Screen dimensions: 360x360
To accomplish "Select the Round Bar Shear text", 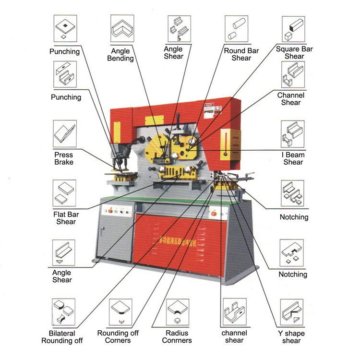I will point(241,54).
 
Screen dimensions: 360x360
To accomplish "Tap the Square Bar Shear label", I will point(294,52).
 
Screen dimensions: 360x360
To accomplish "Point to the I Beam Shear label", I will point(293,158).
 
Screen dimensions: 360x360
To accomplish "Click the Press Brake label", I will point(64,158).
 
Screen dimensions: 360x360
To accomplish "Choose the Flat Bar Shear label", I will point(66,218).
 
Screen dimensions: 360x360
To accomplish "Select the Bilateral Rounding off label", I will point(62,337).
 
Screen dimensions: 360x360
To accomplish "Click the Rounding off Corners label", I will point(118,336).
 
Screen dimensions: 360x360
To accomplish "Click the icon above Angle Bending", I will point(122,28).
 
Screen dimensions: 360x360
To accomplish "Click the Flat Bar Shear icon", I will point(64,193).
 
